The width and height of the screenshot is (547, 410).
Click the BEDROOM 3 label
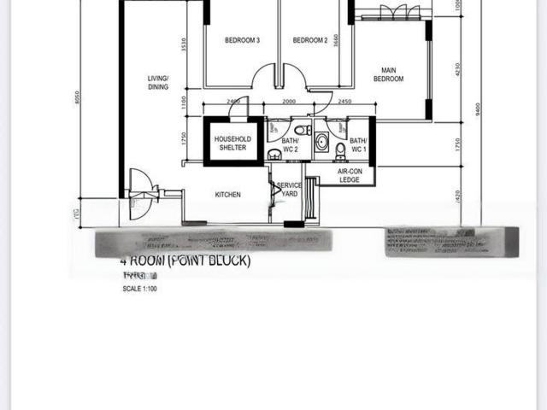coord(242,40)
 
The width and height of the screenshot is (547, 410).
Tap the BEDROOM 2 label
coord(310,40)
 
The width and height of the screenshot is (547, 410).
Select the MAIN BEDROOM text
coord(388,74)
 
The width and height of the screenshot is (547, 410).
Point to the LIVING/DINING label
coord(157,82)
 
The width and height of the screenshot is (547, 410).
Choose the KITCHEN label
coord(227,195)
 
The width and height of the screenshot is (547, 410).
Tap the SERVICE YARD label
coord(290,189)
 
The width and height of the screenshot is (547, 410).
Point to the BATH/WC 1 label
coord(358,144)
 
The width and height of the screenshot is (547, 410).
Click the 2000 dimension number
coord(289,102)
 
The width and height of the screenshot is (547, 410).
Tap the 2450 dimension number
coord(345,102)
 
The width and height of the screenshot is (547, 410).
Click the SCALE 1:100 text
coord(140,289)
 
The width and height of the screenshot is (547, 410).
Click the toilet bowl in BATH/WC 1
coord(341,151)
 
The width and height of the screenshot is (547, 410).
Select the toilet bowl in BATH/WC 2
coord(273,154)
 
